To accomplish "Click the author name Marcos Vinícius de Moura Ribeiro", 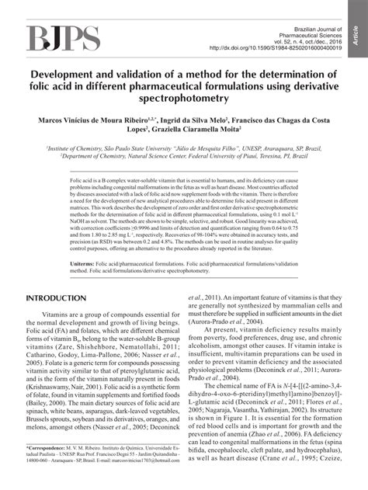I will (x=96, y=122).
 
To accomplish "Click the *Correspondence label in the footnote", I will (x=48, y=470).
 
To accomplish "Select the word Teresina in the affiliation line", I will (x=262, y=155).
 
